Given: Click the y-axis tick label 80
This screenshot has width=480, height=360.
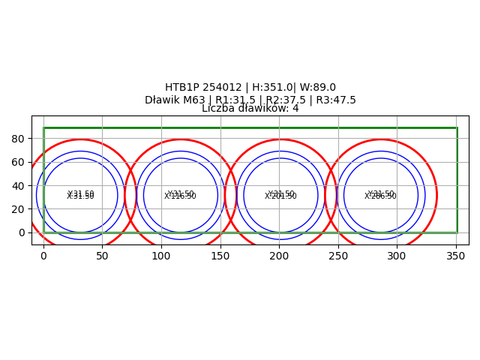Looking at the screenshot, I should tap(19, 139).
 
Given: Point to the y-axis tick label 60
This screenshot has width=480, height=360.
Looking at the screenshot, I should tap(19, 162).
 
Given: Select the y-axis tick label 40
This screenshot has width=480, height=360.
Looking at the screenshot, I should tap(19, 185).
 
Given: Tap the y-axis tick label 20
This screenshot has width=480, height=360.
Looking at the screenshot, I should tap(19, 209).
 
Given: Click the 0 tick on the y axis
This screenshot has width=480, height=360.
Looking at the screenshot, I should tap(22, 232).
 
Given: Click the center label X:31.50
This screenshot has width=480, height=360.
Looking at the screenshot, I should tap(80, 196).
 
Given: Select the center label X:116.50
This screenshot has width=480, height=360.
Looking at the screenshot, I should tap(180, 196).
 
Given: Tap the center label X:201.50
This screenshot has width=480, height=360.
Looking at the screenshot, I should tap(280, 196).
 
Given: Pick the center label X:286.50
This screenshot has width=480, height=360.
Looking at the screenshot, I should tap(380, 196).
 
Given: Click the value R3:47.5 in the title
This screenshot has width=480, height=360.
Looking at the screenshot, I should tap(334, 100).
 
